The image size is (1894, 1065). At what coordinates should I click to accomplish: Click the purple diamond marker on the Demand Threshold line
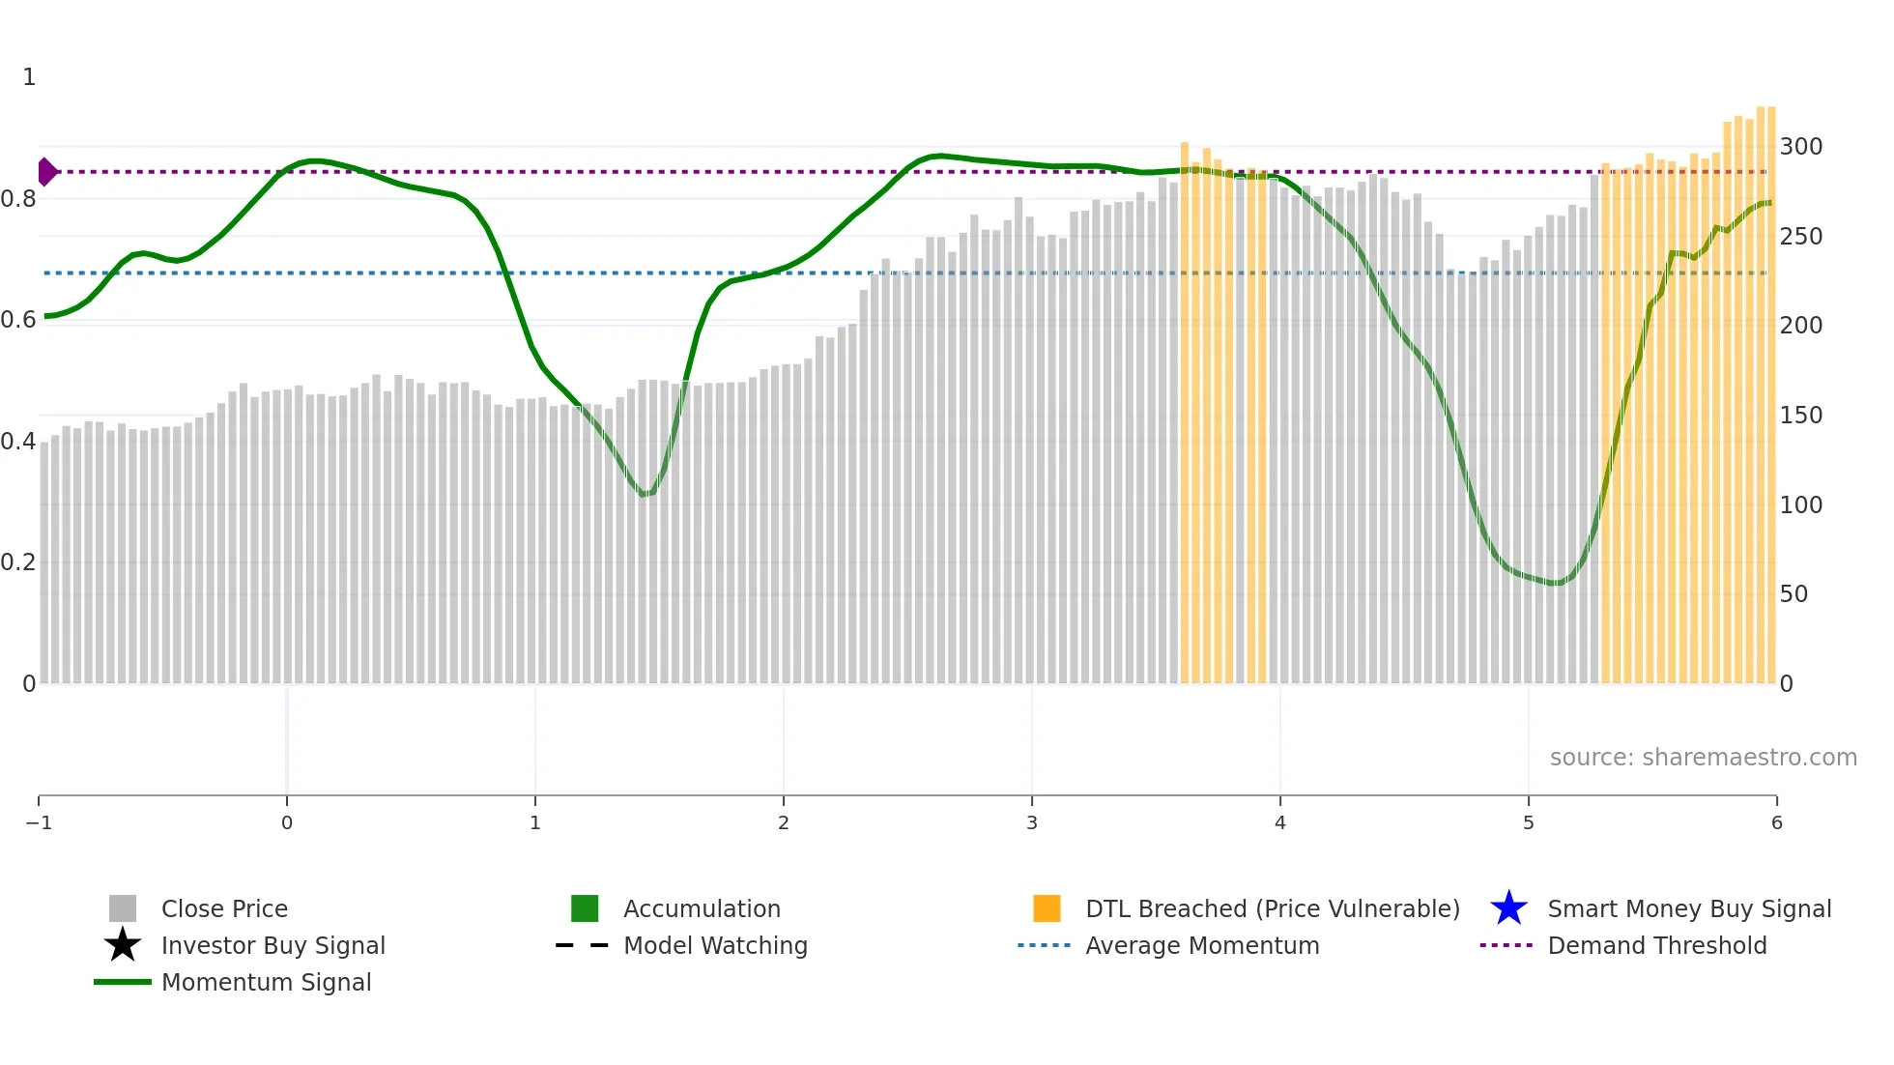pos(46,172)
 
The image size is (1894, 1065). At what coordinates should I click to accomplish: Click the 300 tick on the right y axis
pos(1800,147)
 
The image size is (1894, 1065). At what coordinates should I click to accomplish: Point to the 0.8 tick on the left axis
pos(19,199)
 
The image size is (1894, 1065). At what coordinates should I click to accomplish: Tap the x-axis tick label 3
pos(1031,823)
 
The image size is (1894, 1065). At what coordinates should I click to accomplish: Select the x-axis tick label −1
pos(39,823)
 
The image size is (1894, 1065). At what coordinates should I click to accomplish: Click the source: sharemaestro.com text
pos(1703,758)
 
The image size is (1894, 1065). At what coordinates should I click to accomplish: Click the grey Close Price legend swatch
pos(123,908)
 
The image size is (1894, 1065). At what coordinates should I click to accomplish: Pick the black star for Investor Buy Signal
pos(123,945)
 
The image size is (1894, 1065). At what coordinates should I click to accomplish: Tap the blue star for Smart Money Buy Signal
pos(1508,908)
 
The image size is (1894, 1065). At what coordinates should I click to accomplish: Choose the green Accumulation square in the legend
pos(585,908)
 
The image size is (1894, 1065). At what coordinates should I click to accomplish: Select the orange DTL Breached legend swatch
pos(1047,908)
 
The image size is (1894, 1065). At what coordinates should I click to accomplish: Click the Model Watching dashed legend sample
pos(583,945)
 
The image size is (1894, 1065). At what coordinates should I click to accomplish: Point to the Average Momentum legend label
pos(1202,945)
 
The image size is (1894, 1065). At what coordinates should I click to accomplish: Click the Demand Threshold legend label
pos(1656,945)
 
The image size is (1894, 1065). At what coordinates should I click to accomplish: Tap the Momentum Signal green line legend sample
pos(123,982)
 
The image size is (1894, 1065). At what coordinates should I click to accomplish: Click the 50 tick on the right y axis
pos(1794,594)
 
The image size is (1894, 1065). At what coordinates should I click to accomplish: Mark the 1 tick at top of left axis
pos(29,77)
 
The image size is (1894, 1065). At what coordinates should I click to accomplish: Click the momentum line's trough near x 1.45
pos(645,495)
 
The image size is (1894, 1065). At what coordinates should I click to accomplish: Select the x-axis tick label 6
pos(1776,823)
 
